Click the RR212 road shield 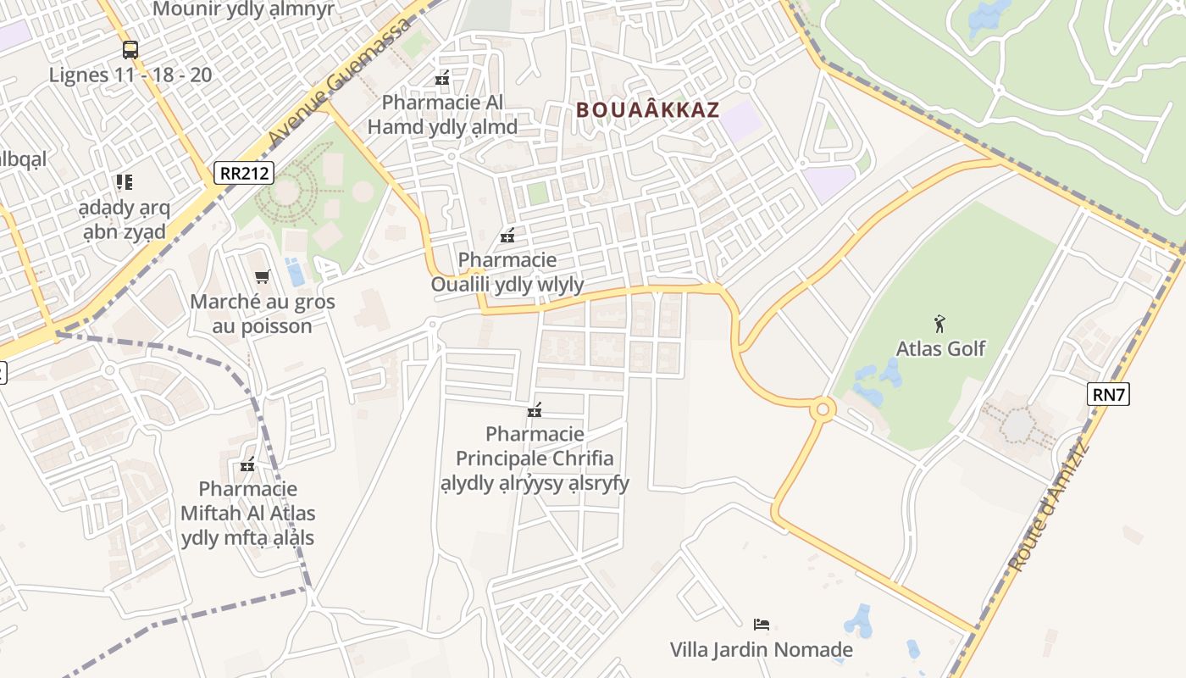pyautogui.click(x=243, y=173)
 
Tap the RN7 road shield pyautogui.click(x=1109, y=393)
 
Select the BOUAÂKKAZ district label pyautogui.click(x=648, y=109)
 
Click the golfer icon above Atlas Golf pyautogui.click(x=939, y=323)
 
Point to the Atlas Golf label pyautogui.click(x=940, y=348)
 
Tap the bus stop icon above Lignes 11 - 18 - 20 pyautogui.click(x=130, y=49)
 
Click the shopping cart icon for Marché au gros pyautogui.click(x=262, y=276)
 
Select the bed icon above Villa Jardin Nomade pyautogui.click(x=761, y=625)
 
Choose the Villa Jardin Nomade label pyautogui.click(x=761, y=650)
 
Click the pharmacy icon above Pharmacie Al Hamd pyautogui.click(x=441, y=78)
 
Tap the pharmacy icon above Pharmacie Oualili pyautogui.click(x=507, y=235)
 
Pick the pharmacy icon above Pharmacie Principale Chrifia pyautogui.click(x=534, y=410)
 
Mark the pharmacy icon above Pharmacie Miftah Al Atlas pyautogui.click(x=247, y=464)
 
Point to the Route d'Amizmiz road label pyautogui.click(x=1050, y=506)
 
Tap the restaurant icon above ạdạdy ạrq pyautogui.click(x=125, y=181)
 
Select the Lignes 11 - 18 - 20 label pyautogui.click(x=130, y=75)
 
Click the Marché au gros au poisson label pyautogui.click(x=263, y=314)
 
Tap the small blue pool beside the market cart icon pyautogui.click(x=296, y=273)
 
